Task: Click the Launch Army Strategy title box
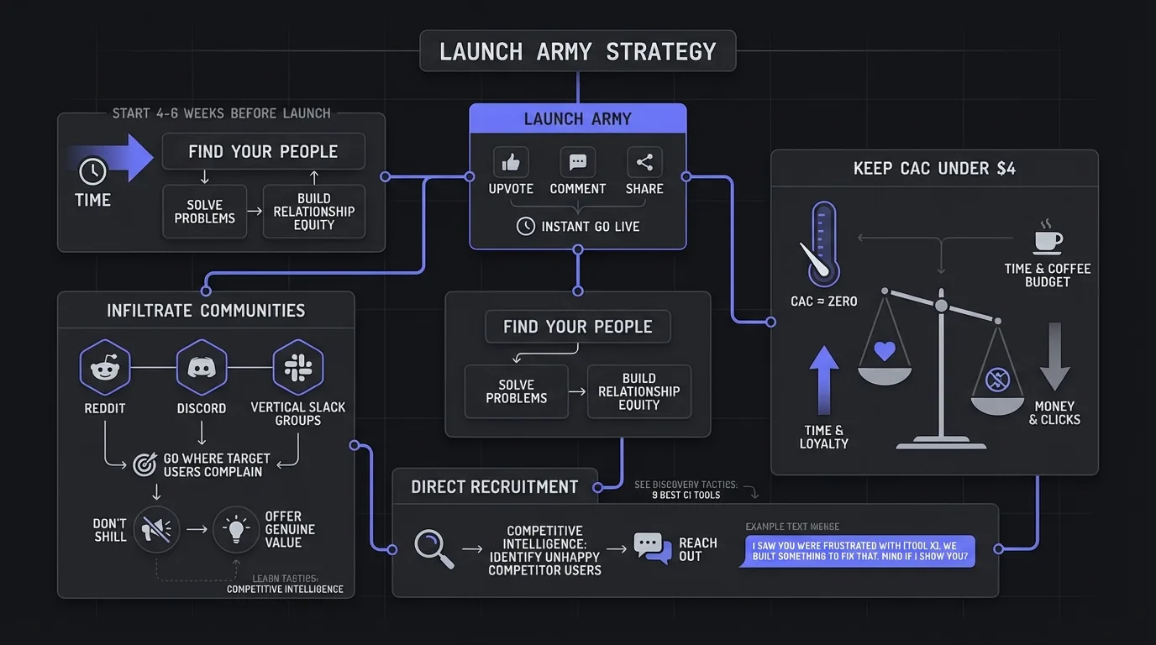click(x=578, y=51)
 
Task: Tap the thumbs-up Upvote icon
click(x=511, y=162)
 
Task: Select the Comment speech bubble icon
click(x=578, y=162)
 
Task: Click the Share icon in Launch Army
click(x=644, y=162)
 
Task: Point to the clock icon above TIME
click(x=92, y=172)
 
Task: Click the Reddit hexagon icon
click(x=105, y=368)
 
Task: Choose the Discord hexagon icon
click(x=202, y=368)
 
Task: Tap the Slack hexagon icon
click(x=298, y=368)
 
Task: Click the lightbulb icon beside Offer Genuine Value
click(x=236, y=529)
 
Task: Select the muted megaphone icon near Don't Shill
click(x=155, y=529)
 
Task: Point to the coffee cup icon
click(x=1048, y=239)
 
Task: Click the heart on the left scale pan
click(x=885, y=351)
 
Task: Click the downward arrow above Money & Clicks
click(x=1055, y=357)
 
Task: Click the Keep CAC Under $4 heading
click(x=934, y=169)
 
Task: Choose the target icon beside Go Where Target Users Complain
click(x=144, y=464)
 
